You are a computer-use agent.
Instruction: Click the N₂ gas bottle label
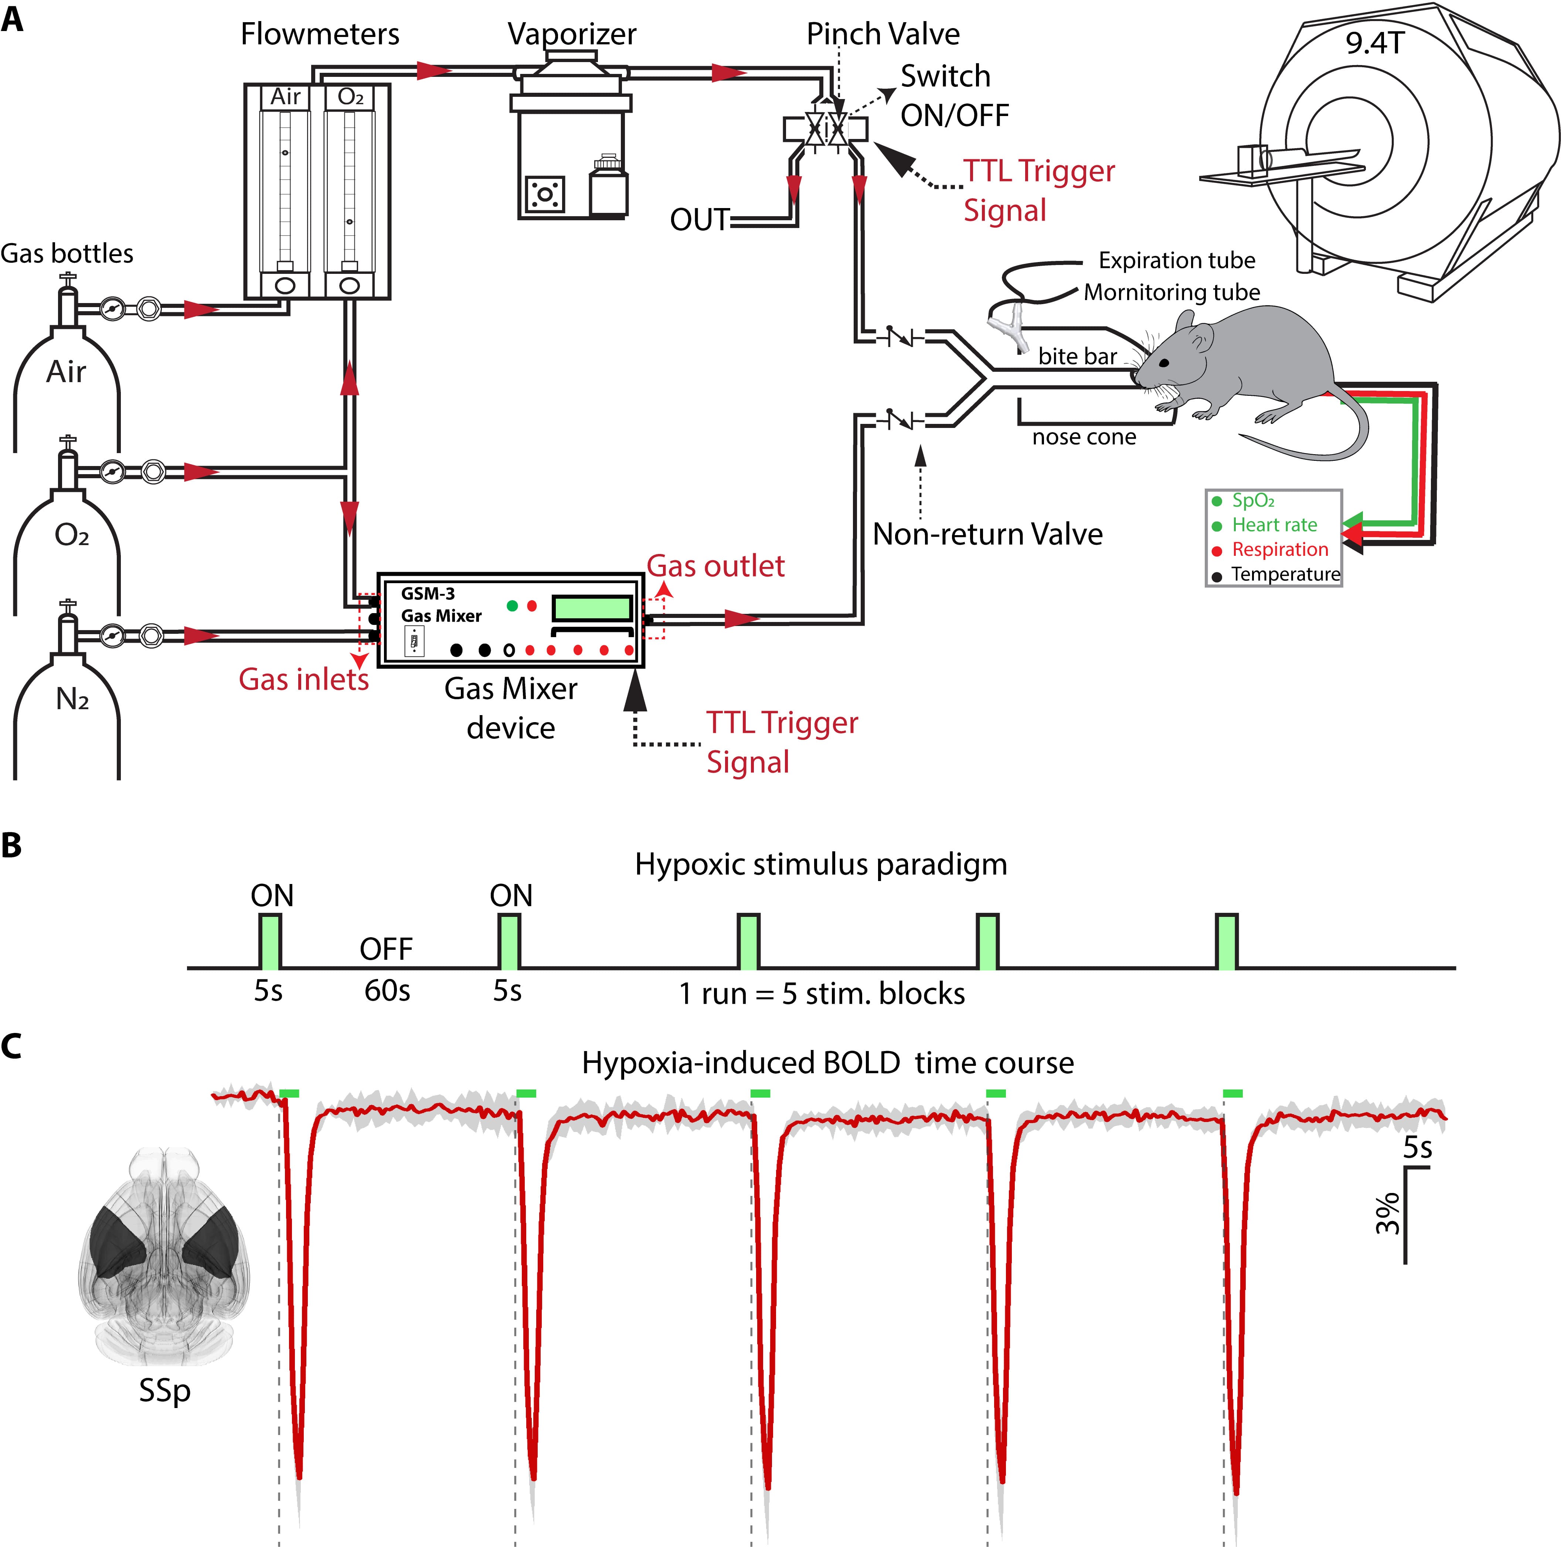tap(72, 699)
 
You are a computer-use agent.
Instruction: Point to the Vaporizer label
tap(571, 34)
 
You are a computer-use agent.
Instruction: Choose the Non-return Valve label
tap(987, 534)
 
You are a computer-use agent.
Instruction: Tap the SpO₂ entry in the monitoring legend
tap(1252, 501)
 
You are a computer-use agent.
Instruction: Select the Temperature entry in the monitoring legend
tap(1285, 574)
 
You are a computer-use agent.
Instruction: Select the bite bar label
tap(1077, 356)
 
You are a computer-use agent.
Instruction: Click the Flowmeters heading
tap(320, 34)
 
